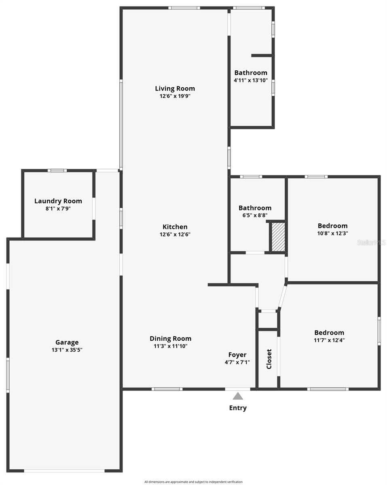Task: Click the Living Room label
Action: [175, 89]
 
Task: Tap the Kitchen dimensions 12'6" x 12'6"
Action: [175, 234]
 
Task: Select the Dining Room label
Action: [170, 339]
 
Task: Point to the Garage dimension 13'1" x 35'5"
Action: [67, 350]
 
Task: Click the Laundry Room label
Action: [58, 201]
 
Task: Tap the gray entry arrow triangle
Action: [238, 396]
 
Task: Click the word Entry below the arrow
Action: [238, 408]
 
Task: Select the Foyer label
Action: [237, 355]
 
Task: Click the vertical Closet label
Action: [269, 359]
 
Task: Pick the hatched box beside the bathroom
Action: [278, 237]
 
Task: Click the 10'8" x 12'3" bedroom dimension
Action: [332, 233]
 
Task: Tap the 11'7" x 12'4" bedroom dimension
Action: [329, 340]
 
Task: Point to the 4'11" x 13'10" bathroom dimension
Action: [251, 80]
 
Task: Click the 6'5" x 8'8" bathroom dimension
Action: [255, 215]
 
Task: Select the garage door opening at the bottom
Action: [64, 470]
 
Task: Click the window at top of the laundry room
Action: [57, 171]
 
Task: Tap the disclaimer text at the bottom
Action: [193, 482]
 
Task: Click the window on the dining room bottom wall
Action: [167, 389]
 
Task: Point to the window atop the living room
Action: [184, 8]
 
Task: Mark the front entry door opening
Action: [237, 389]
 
